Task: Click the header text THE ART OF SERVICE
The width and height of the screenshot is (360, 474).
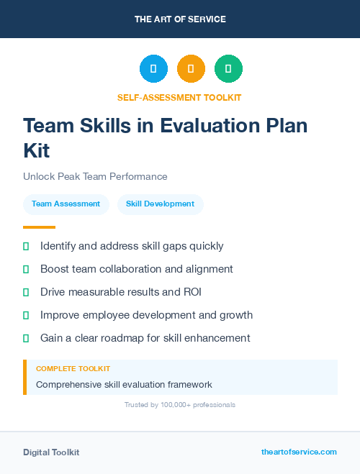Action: (180, 19)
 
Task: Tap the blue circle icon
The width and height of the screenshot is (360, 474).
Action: (153, 69)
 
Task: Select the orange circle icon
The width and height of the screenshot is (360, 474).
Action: (191, 69)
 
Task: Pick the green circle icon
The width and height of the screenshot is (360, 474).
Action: (228, 69)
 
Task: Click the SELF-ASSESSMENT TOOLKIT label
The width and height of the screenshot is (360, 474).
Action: (179, 97)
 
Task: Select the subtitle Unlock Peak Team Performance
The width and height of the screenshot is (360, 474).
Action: (95, 176)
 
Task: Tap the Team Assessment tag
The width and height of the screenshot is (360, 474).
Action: (66, 204)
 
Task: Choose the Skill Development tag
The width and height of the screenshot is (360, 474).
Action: (160, 204)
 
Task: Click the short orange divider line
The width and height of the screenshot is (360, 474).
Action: (39, 227)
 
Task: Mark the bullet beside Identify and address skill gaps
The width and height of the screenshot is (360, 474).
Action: (26, 246)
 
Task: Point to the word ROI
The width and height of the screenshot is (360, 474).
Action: (191, 292)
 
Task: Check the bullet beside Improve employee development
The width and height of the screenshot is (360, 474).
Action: (26, 315)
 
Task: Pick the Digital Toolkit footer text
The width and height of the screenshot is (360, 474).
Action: (51, 452)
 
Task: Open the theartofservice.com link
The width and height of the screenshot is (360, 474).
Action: (299, 452)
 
